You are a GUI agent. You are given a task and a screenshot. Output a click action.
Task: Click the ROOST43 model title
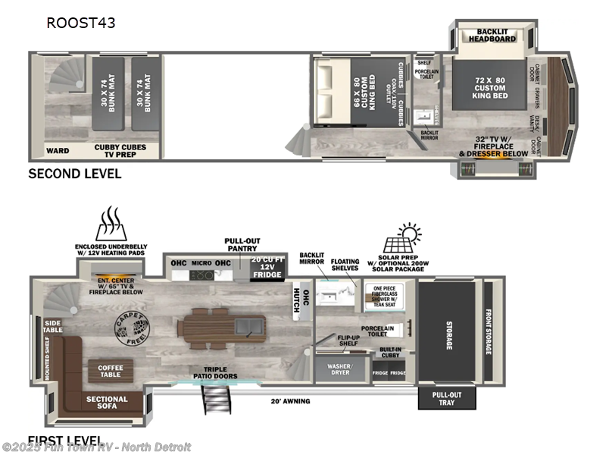click(x=81, y=23)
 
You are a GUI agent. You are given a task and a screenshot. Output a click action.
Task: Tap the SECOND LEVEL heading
click(x=74, y=173)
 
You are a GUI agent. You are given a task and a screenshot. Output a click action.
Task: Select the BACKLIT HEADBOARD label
click(x=492, y=34)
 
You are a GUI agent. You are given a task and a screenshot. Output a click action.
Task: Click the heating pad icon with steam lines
click(x=111, y=224)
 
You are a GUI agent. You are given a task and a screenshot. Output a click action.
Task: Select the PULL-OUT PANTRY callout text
click(x=242, y=244)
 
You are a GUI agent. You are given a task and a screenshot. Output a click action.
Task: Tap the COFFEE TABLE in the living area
click(x=111, y=372)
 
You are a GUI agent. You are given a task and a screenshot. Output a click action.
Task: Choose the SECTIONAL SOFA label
click(x=107, y=403)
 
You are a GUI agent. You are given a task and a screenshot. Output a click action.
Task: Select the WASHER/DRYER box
click(x=340, y=369)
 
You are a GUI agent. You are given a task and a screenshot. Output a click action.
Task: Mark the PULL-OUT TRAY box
click(x=447, y=398)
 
